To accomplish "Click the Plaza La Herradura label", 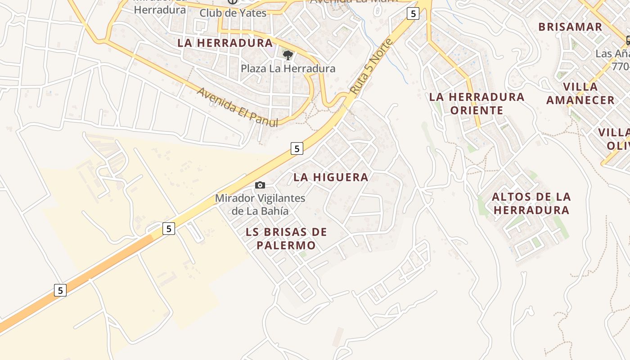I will (288, 68).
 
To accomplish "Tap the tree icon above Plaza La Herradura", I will (288, 55).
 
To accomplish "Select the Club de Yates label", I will (233, 13).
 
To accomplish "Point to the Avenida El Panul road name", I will (237, 107).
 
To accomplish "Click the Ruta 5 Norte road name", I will (371, 67).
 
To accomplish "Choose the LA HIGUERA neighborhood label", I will (331, 177).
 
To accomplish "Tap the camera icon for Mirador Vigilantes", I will (260, 185).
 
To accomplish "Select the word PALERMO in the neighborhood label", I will (286, 246).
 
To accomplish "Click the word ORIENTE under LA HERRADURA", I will (477, 111).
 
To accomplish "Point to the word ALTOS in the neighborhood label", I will (509, 197).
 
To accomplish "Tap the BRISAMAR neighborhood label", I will (570, 27).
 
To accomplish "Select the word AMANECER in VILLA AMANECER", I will (580, 100).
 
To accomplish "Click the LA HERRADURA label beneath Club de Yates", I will (225, 43).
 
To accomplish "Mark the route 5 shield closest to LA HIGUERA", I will (297, 148).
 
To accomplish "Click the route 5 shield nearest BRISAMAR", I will (413, 13).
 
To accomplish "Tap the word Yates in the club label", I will (252, 13).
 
